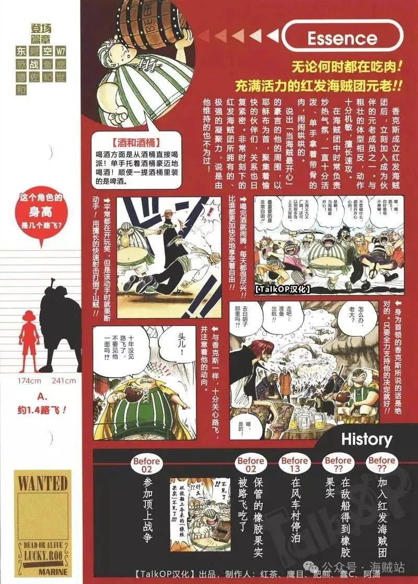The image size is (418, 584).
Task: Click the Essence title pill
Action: pos(342,38)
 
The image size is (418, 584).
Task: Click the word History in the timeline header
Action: pos(366,439)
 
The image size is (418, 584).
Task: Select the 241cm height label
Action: pos(64,380)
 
